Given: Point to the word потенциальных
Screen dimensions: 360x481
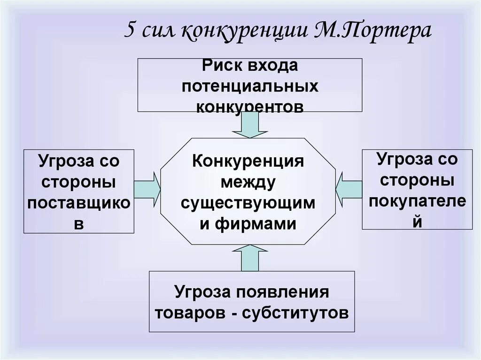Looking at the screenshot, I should click(x=250, y=86).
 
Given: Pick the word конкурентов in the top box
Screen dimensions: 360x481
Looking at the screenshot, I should click(x=249, y=107).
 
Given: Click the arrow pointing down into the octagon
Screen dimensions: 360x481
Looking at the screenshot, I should click(x=249, y=125).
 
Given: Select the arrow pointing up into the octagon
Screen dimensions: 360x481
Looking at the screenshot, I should click(x=249, y=259).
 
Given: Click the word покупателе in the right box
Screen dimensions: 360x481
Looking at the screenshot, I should click(x=417, y=200).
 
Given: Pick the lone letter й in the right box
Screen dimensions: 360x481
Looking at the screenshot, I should click(x=417, y=221).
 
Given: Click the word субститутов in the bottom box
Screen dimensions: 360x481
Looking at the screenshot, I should click(x=295, y=313).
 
